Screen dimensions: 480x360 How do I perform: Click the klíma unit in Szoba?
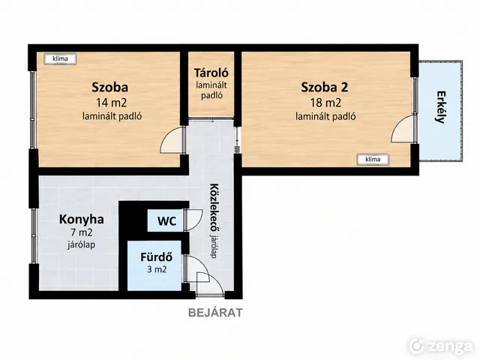click(60, 58)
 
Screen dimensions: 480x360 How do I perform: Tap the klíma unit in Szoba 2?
click(373, 160)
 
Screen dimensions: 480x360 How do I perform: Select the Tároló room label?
click(211, 73)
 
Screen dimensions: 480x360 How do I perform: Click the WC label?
click(166, 220)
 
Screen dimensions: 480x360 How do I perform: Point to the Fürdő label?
click(157, 256)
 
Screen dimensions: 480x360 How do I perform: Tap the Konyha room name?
click(82, 220)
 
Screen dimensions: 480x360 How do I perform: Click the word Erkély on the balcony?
click(440, 106)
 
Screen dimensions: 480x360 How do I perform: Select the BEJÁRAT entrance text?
click(215, 313)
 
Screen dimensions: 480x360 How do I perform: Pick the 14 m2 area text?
click(112, 103)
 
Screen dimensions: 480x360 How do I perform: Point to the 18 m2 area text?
click(325, 103)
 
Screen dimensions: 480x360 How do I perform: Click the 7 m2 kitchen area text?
click(82, 232)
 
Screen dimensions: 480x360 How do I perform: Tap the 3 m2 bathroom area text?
click(157, 269)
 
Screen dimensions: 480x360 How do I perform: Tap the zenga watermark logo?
click(441, 346)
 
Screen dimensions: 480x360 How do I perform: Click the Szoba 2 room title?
click(325, 88)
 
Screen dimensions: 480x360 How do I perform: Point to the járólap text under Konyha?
click(81, 245)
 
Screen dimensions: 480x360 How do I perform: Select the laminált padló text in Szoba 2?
click(325, 117)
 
